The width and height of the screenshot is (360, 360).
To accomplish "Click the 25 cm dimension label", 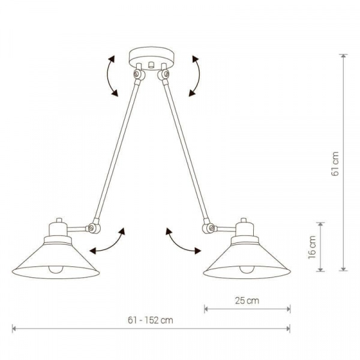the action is coord(247,301).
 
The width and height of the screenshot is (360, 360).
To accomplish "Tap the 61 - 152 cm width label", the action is coord(151,320).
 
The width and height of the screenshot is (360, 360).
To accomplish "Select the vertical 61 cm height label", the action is coord(335,164).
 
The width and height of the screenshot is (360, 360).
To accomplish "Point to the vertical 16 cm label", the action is coord(312,247).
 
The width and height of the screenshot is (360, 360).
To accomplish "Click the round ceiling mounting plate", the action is coord(152,58).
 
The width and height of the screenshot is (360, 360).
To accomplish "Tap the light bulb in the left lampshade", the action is coord(56,269).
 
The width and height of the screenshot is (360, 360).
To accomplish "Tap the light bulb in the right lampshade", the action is coord(247,269).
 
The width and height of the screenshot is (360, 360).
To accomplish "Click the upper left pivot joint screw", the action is coord(137,73).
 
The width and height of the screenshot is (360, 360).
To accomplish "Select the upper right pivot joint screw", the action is coord(166,73).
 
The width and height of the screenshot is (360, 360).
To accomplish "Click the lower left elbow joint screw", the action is coord(91,228).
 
